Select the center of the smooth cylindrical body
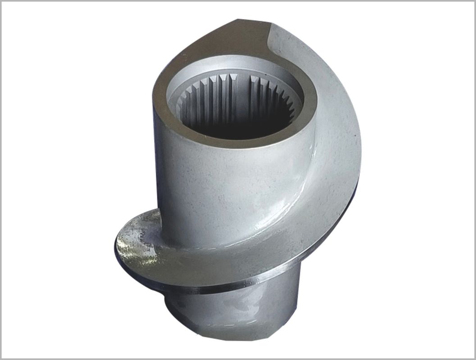[x=225, y=193]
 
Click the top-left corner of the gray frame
[x=1, y=1]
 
